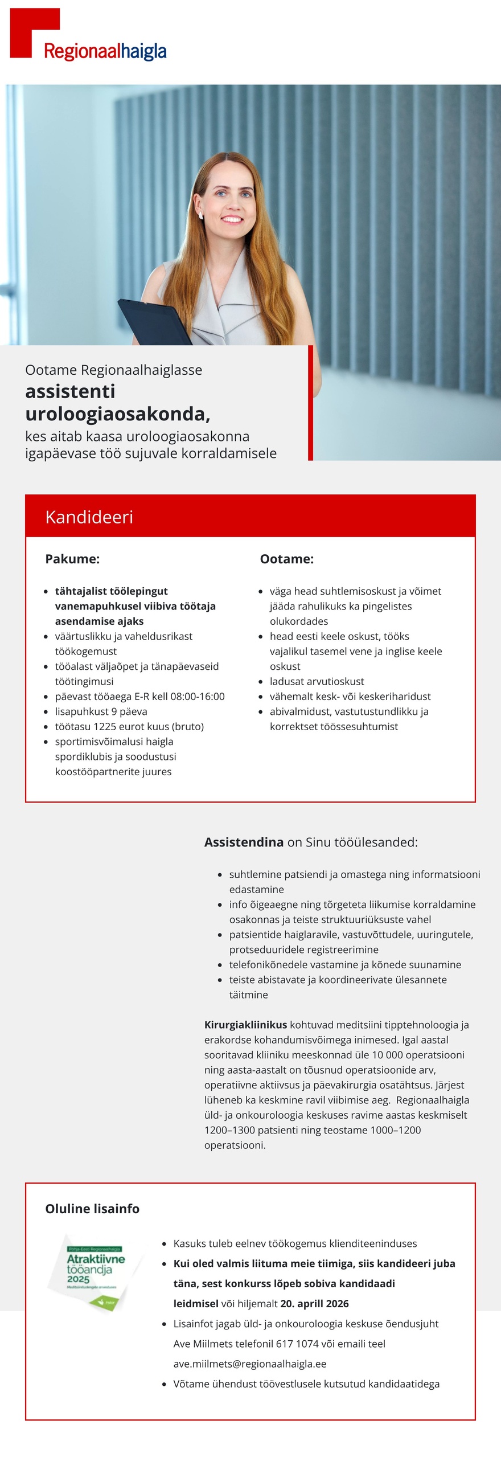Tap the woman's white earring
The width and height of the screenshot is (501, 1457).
pos(201,215)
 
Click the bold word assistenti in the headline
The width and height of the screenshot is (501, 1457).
pos(70,391)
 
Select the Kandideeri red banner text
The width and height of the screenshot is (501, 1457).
pos(89,517)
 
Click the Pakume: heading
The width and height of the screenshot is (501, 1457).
pos(72,559)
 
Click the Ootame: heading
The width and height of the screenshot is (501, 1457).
pos(286,559)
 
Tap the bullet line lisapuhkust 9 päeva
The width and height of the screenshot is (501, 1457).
pos(101,711)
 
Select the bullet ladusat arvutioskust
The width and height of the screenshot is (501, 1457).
pos(317,681)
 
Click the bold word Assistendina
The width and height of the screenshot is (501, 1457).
pos(244,842)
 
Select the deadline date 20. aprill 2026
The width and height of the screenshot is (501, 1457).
pos(314,1304)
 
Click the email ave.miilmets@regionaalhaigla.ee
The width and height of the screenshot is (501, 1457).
pos(249,1364)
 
